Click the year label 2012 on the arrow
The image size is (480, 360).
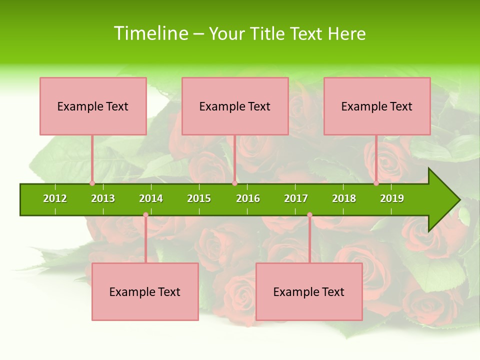(x=55, y=198)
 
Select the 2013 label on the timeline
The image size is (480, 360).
(x=103, y=198)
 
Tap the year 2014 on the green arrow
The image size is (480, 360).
(x=151, y=198)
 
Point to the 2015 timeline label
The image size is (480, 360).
(x=199, y=198)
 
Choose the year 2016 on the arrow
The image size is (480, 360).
(x=248, y=198)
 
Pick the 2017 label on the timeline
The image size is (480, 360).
(x=296, y=198)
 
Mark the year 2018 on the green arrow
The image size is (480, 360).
(x=344, y=198)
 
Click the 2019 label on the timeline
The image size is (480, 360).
(x=392, y=198)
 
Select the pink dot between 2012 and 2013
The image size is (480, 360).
(x=92, y=183)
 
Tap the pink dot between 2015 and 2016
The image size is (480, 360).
(x=234, y=183)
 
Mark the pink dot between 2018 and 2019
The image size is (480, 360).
(x=376, y=183)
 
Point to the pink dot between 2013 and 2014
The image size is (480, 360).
(x=145, y=215)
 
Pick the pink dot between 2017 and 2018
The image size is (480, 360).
(x=309, y=215)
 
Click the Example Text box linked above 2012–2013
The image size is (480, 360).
(x=93, y=106)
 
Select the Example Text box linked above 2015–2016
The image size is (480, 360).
(x=235, y=106)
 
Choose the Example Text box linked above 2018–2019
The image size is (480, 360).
(x=377, y=106)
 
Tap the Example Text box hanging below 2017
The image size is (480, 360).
(x=309, y=291)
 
